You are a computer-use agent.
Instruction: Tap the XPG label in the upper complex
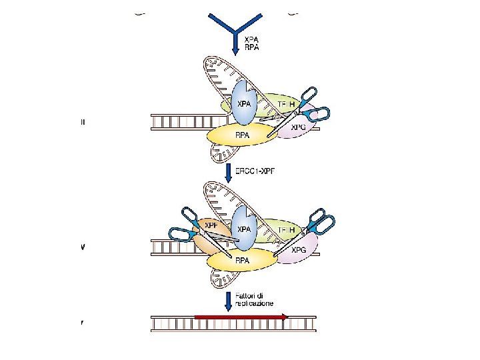point(298,127)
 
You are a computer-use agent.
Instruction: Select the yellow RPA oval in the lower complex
point(241,261)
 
